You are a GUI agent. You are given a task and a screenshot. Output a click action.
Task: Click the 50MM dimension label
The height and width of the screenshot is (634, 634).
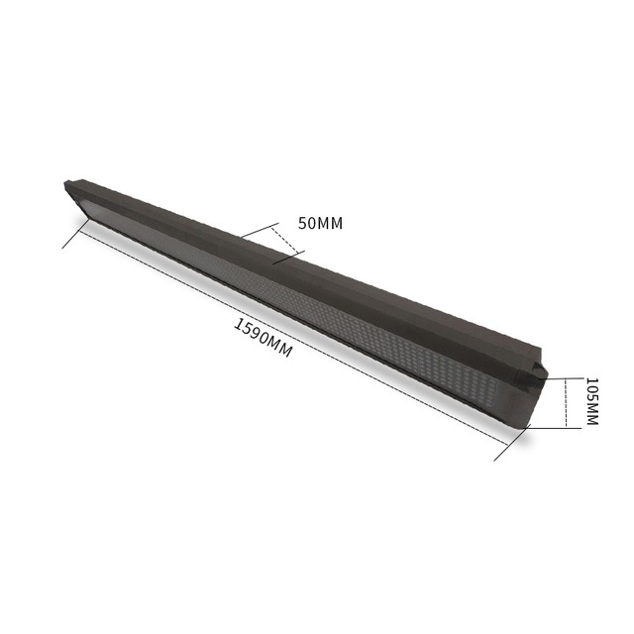(x=320, y=223)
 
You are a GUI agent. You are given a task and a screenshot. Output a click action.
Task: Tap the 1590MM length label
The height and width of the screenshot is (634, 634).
(x=263, y=338)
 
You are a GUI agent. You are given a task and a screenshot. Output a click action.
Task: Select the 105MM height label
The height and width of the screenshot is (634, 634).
(x=591, y=401)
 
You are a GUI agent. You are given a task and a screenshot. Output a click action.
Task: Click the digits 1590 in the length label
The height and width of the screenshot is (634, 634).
(x=252, y=332)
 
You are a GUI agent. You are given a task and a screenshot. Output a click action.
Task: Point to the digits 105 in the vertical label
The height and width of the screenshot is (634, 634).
(x=591, y=390)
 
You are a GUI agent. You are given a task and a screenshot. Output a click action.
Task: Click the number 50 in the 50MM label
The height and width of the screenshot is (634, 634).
(x=306, y=223)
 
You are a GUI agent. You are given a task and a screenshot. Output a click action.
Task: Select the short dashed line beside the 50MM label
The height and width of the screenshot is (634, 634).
(x=284, y=239)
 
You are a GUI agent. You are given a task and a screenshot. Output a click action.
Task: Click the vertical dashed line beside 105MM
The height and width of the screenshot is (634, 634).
(x=566, y=402)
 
